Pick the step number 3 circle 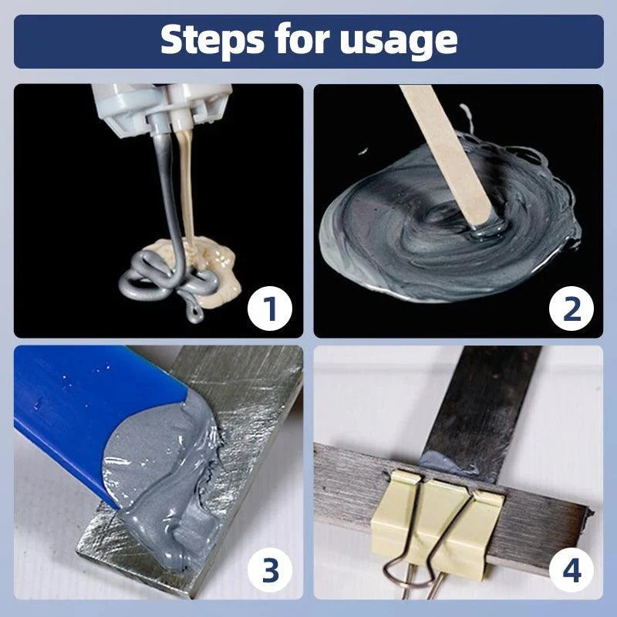pos(270,571)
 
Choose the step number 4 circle pos(571,571)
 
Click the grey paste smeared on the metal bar pos(166,478)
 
